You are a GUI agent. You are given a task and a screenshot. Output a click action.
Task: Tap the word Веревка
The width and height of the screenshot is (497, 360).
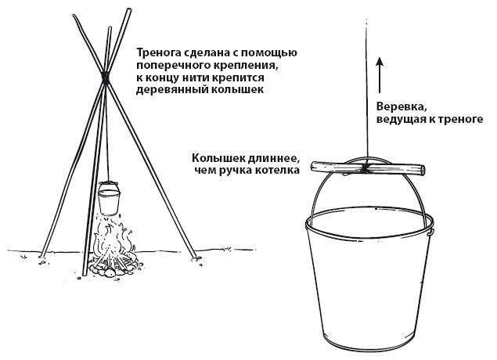click(395, 106)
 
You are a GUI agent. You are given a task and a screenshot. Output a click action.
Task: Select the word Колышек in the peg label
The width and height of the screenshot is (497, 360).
click(213, 157)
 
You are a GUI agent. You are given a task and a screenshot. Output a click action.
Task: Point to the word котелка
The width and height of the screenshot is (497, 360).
click(281, 170)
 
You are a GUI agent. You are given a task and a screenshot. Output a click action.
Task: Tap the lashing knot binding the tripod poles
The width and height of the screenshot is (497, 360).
click(105, 77)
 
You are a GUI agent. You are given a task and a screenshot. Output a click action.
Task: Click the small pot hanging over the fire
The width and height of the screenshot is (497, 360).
click(110, 198)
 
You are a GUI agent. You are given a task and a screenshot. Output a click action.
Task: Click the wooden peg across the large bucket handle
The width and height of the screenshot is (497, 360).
click(367, 168)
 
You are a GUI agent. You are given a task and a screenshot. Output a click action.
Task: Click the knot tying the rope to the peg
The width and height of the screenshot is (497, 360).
click(366, 168)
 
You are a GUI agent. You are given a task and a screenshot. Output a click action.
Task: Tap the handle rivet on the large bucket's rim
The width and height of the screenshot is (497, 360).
click(430, 231)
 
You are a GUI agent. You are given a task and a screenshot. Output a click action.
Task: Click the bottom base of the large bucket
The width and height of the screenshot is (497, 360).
click(369, 344)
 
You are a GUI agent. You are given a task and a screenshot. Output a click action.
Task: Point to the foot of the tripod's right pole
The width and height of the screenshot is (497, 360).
click(193, 258)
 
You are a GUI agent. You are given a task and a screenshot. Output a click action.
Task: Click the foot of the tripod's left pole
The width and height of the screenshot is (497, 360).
click(42, 256)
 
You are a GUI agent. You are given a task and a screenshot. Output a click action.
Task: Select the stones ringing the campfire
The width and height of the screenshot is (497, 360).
click(112, 268)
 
